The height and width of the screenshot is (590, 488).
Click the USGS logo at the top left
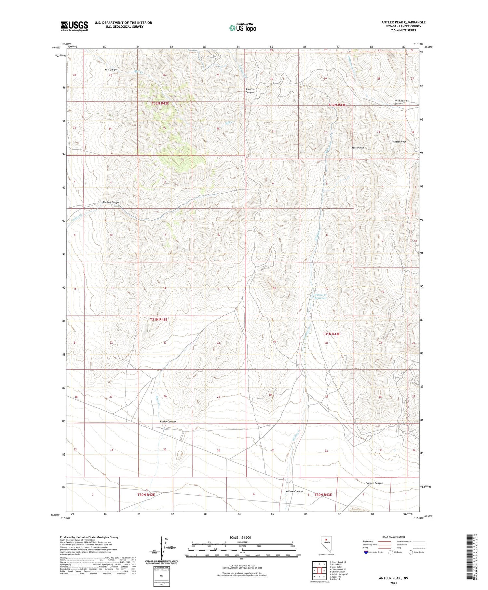click(74, 26)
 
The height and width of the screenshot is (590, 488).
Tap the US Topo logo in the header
click(242, 28)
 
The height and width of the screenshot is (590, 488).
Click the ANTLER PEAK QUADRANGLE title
click(403, 22)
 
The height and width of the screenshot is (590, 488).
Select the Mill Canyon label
click(111, 70)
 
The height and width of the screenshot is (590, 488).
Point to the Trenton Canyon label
click(250, 91)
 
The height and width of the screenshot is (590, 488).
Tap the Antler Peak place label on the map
click(400, 142)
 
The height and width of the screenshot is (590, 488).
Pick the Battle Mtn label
click(358, 148)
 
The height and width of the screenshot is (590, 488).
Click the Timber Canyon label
click(111, 202)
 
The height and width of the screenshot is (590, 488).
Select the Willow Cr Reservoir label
click(320, 296)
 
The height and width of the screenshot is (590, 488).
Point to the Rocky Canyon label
click(168, 421)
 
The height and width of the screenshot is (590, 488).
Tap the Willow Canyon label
click(294, 491)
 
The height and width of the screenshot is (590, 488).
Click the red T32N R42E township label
click(160, 103)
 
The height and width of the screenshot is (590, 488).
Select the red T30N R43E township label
click(323, 495)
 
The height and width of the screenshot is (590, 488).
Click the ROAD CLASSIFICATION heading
click(394, 537)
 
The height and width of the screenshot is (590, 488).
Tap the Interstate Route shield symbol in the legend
click(366, 552)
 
